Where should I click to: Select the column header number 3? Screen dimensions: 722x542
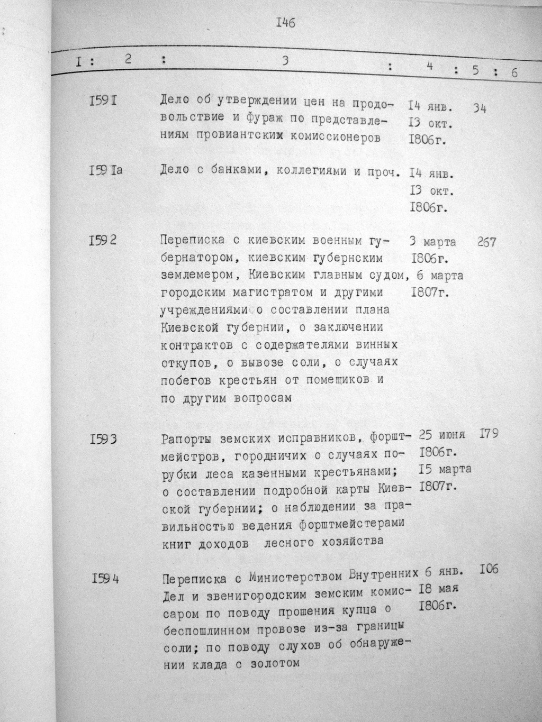(284, 61)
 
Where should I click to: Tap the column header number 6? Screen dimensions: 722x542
(513, 73)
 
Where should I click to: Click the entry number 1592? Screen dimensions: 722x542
(103, 241)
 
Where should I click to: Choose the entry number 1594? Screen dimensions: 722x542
(104, 578)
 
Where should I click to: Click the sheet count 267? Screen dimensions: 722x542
(485, 242)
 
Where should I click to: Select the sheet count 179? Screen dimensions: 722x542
(490, 435)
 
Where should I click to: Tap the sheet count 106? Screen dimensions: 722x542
(490, 569)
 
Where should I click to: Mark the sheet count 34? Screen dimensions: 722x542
(480, 108)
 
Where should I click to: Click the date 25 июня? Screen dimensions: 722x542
(442, 435)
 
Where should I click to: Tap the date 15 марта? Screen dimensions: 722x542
(445, 469)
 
